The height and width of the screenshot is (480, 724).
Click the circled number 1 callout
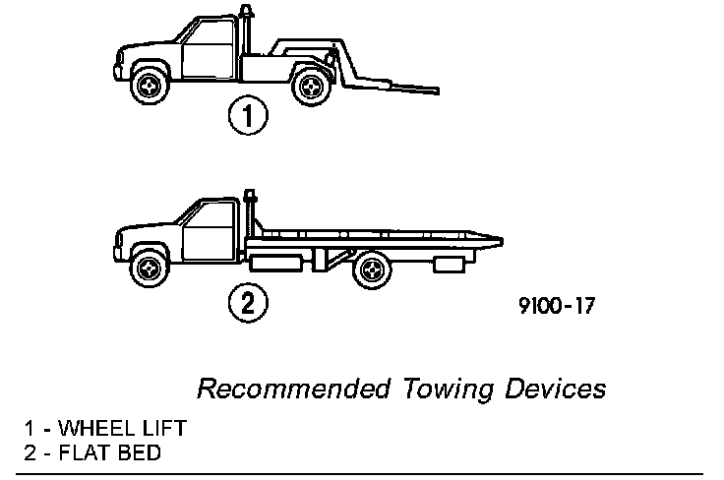pos(249,117)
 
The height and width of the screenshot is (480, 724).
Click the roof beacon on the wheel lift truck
pos(243,13)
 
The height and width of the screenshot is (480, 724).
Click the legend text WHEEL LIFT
pos(122,430)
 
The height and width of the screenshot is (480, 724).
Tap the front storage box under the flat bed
pos(278,262)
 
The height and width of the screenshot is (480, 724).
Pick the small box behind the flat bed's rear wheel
pos(449,264)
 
